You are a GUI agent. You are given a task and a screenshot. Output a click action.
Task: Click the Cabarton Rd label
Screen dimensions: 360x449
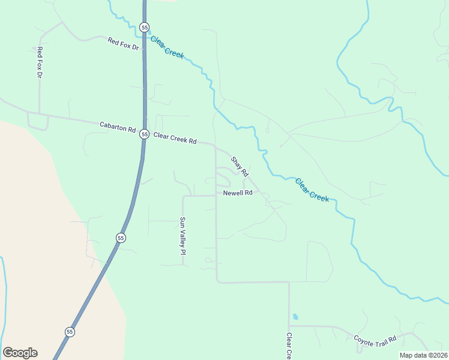(118, 127)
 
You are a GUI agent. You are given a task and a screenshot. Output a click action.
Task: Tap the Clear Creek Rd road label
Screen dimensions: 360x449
(175, 138)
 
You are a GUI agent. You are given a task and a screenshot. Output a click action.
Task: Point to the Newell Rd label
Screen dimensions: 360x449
(238, 193)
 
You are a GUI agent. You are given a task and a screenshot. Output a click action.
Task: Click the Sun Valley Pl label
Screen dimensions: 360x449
(183, 236)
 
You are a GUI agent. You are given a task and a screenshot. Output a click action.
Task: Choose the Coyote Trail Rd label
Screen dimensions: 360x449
(375, 339)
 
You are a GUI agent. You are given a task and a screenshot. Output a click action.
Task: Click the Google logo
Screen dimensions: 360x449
(20, 353)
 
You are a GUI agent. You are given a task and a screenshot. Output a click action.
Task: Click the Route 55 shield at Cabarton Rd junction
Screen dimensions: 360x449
(144, 134)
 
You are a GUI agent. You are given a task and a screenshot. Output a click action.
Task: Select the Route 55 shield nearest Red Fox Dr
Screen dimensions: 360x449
(144, 27)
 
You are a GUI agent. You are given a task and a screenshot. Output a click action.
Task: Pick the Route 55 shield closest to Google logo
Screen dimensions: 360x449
(70, 332)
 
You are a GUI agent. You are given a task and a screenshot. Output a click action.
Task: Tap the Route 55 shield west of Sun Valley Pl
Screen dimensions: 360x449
(121, 238)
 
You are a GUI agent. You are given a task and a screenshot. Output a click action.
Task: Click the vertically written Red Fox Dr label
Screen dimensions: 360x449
(40, 62)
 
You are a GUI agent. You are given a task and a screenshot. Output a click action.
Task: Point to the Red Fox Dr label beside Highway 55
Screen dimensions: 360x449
(123, 43)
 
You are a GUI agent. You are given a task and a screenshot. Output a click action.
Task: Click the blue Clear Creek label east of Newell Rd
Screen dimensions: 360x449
(312, 189)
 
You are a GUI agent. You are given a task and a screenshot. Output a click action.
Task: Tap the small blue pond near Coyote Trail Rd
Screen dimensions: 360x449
(295, 316)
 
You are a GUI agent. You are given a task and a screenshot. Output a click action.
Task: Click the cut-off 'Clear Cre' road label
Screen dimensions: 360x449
(289, 346)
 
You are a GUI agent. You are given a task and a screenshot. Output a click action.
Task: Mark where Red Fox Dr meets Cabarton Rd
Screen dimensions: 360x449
(40, 113)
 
